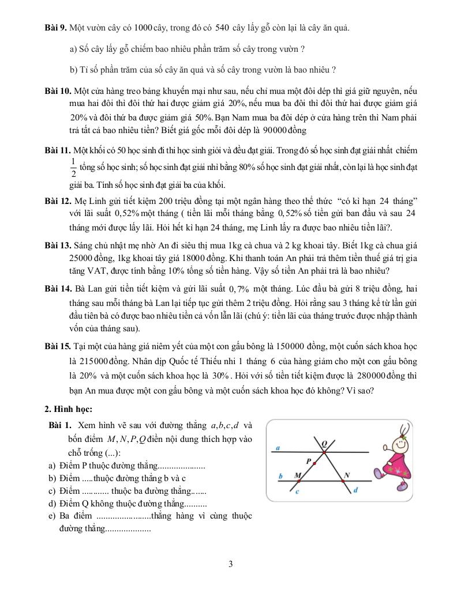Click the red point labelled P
(x=316, y=462)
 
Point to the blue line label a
(x=278, y=447)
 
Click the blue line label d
(x=355, y=490)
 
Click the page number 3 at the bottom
(x=230, y=564)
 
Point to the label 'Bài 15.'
(x=57, y=346)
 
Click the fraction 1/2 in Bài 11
(x=73, y=167)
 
